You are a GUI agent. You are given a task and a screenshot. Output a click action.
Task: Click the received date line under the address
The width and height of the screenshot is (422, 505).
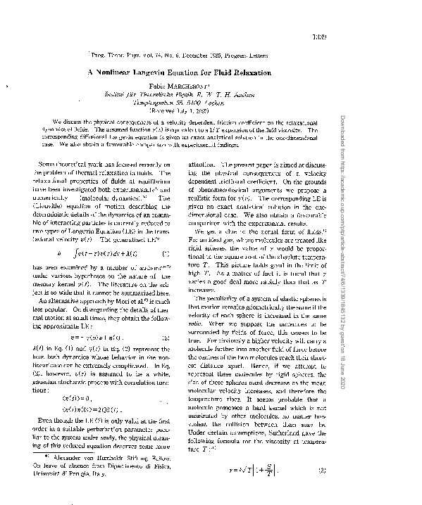click(210, 111)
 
